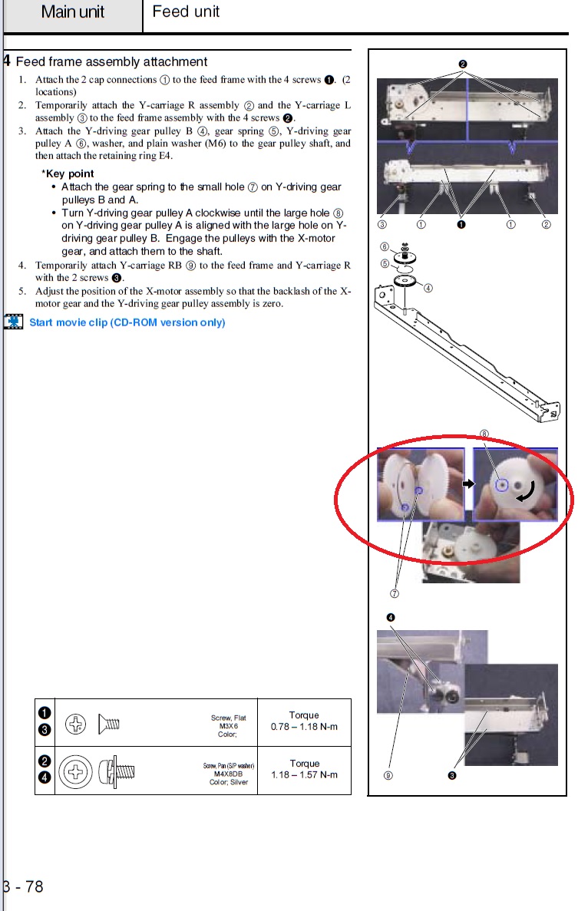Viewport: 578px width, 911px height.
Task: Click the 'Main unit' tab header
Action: (73, 12)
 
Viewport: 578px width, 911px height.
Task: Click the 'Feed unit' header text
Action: (186, 12)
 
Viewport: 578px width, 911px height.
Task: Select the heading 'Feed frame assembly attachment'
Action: (111, 61)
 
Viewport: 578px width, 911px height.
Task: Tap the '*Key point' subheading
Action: (68, 173)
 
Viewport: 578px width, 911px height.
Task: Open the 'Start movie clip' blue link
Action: (127, 322)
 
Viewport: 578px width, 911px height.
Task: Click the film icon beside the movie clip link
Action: (13, 322)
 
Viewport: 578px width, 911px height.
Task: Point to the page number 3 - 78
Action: (23, 887)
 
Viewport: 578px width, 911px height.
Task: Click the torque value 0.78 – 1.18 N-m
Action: (304, 727)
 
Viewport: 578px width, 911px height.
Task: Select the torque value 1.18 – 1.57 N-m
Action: (304, 774)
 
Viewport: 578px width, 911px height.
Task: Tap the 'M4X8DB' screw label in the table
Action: (229, 774)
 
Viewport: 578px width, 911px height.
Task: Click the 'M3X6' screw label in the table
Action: (229, 726)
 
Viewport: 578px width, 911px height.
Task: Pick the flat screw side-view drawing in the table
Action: (109, 723)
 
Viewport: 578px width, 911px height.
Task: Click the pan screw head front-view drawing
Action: (75, 771)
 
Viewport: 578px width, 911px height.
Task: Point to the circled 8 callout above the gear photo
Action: (484, 434)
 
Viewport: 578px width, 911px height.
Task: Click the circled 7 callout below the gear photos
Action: (394, 593)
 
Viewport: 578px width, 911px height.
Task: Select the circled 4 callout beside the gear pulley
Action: (428, 288)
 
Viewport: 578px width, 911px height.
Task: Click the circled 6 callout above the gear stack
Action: (384, 246)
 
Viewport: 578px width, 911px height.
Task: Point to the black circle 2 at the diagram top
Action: (463, 64)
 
